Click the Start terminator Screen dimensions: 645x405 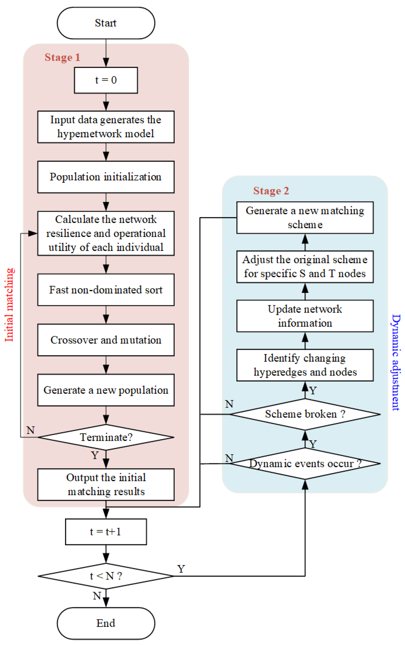point(106,23)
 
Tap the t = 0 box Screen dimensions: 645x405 point(106,80)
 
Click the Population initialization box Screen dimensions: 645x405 point(106,177)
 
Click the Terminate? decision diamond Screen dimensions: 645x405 point(106,437)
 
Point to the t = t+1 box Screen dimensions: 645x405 point(106,532)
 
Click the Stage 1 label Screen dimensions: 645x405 point(62,57)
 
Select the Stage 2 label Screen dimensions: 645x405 point(271,191)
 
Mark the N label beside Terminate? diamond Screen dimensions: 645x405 point(31,430)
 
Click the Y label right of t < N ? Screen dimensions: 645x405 point(181,569)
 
